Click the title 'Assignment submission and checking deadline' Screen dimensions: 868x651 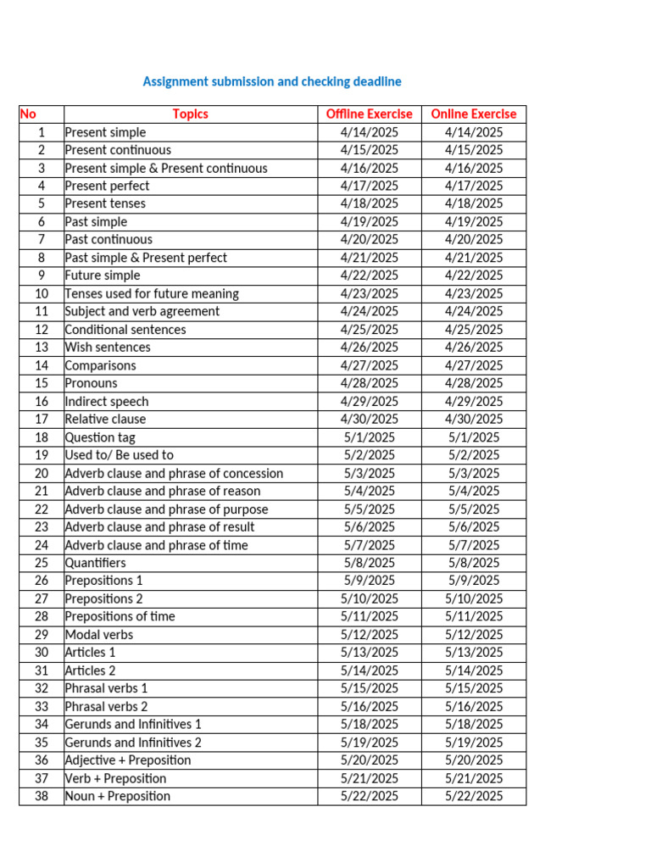272,81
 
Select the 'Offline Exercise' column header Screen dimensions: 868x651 369,114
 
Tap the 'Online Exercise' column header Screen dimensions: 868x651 473,114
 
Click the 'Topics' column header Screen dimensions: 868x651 190,114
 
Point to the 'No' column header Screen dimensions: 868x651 28,114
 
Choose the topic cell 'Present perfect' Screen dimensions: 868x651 107,186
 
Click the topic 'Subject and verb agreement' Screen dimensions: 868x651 142,311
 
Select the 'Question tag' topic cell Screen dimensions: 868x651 100,437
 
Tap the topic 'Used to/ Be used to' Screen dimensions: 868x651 119,455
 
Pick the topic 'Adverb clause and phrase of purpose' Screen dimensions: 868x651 166,509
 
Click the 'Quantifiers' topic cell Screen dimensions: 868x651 95,563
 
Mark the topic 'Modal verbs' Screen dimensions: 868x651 98,635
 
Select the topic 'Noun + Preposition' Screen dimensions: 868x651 117,796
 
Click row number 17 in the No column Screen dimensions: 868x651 42,419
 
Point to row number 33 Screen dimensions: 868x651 42,706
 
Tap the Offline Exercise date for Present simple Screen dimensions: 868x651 369,132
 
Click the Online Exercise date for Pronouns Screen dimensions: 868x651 473,383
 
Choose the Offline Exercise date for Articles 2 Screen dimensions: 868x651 369,670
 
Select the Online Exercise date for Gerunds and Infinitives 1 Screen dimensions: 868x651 473,724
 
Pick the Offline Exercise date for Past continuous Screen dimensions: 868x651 369,239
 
